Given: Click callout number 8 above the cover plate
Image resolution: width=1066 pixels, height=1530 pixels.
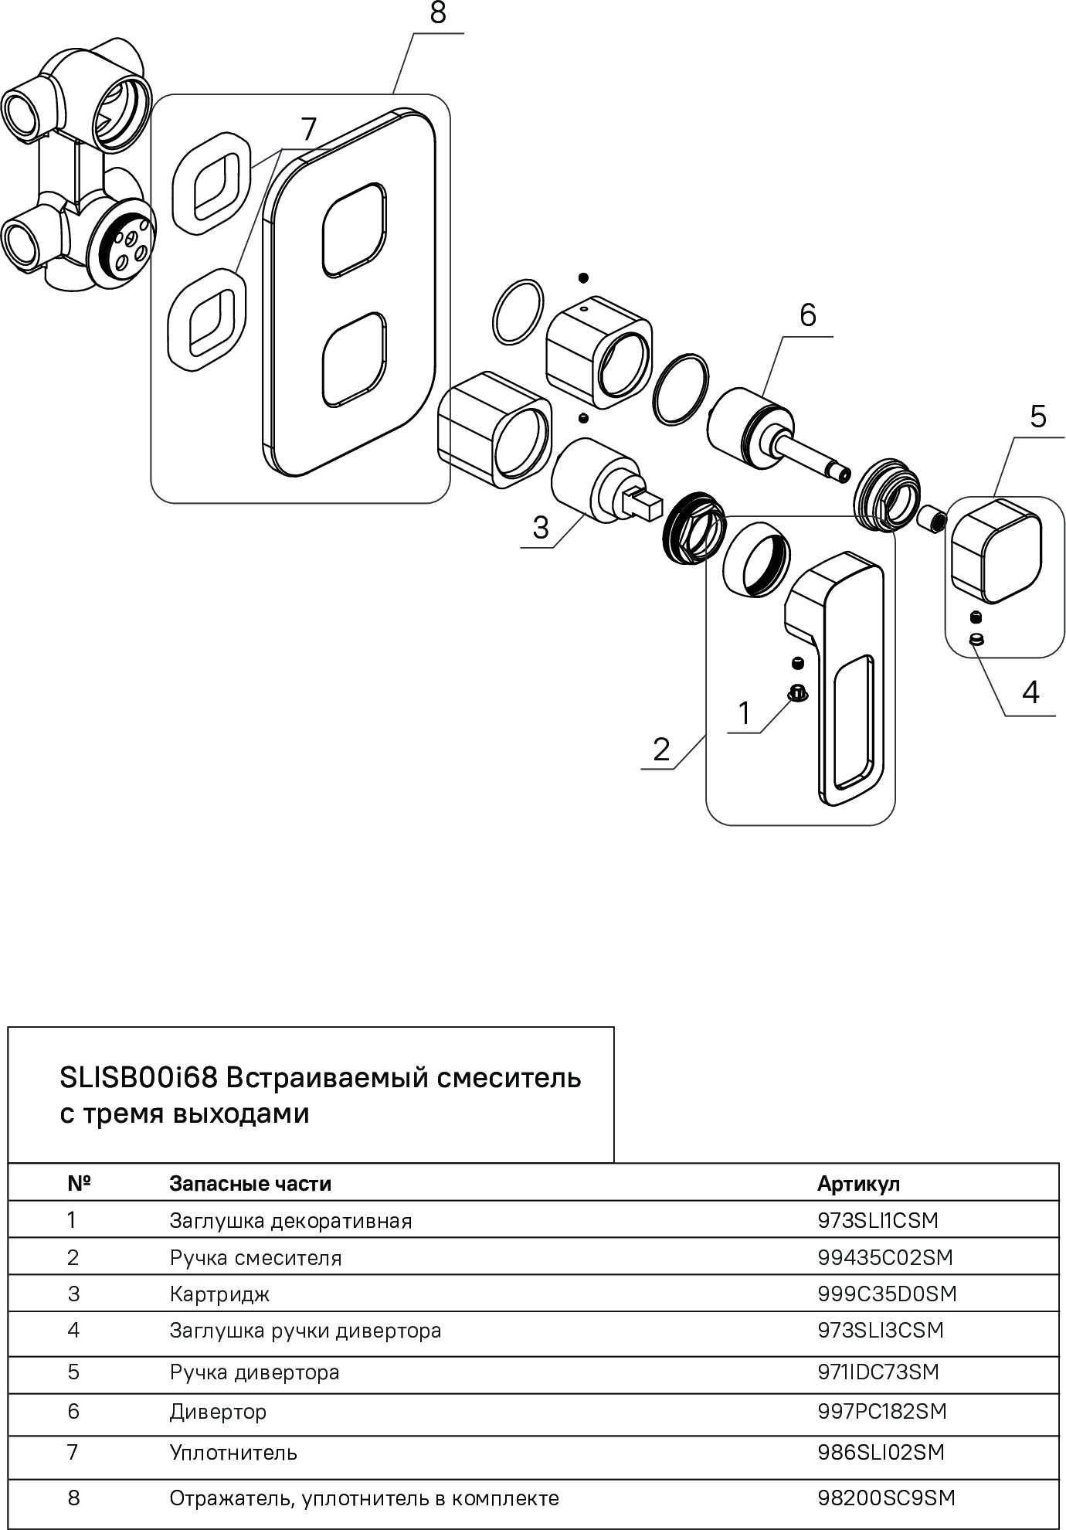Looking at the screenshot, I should tap(438, 15).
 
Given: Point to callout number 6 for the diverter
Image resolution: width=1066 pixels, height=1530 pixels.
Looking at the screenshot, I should tap(807, 315).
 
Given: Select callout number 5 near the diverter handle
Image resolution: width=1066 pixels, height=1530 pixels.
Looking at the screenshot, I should tap(1037, 416).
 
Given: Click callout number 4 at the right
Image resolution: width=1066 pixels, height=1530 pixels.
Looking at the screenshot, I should tap(1030, 693).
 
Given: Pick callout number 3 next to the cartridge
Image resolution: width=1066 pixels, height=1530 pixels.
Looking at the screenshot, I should tap(540, 528).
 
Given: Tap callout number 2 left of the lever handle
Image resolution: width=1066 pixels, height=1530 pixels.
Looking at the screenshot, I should tap(661, 750).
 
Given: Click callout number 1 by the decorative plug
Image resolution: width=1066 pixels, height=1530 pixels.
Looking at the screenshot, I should tap(744, 713).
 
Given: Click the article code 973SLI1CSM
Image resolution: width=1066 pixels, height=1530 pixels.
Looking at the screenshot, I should tap(878, 1221).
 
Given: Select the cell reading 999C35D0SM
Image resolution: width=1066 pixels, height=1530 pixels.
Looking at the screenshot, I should tap(887, 1294).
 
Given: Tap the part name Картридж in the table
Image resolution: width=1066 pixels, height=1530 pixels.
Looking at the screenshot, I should tap(219, 1294).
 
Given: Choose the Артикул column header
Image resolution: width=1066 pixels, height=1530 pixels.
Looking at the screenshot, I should tap(858, 1184).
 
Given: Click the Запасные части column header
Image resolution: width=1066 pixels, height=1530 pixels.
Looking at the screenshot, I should tap(250, 1184).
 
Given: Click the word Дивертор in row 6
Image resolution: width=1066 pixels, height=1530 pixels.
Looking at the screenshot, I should tap(218, 1412).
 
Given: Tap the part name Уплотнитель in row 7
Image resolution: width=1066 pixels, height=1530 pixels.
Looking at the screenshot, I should tap(233, 1453).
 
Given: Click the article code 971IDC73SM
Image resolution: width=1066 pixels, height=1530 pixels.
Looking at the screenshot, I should tap(878, 1372).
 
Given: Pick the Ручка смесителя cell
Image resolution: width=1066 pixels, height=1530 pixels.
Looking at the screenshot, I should tap(255, 1258).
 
